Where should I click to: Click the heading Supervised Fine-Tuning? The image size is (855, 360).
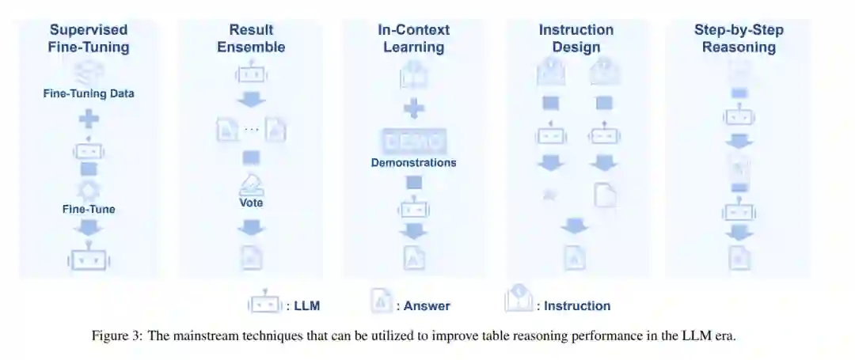[89, 38]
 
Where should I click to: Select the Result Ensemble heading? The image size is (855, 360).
[251, 38]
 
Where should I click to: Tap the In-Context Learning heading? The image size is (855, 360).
[413, 38]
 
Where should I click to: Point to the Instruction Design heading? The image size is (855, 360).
[576, 38]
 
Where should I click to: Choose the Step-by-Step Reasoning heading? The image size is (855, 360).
[739, 38]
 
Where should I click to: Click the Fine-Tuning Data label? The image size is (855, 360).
[89, 93]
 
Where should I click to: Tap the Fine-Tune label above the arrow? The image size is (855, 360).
[89, 210]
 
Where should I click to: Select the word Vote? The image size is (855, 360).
[251, 203]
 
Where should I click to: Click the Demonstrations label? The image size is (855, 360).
[413, 162]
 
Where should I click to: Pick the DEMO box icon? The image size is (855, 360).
[413, 141]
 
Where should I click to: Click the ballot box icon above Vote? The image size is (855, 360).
[251, 184]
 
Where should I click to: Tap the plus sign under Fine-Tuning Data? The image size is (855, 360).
[89, 119]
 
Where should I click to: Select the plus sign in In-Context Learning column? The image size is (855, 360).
[413, 109]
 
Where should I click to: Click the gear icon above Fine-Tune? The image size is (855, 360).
[89, 190]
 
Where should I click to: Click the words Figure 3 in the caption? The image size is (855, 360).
[116, 335]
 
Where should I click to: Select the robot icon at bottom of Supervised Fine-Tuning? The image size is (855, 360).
[89, 257]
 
